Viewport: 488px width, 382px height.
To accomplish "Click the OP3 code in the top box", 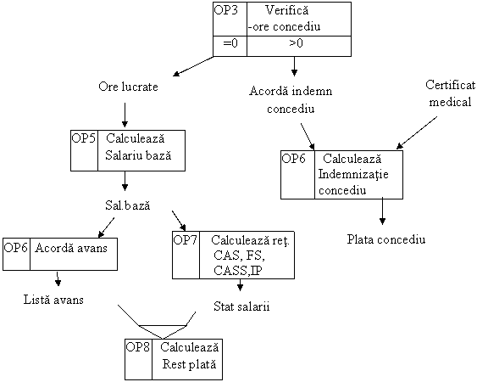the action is tap(226, 10).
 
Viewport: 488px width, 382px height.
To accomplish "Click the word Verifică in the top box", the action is tap(287, 10).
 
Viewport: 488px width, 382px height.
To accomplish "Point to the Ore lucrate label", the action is tap(128, 87).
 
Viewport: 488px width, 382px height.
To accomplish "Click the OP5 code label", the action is tap(83, 138).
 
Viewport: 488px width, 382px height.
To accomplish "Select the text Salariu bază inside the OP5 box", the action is tap(138, 155).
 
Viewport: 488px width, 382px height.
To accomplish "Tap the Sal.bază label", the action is tap(128, 205).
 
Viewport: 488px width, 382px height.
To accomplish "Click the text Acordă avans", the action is tap(71, 248).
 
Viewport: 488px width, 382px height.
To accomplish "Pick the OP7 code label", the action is tap(186, 239).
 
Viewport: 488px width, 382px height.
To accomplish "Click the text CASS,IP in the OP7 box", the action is tap(238, 270).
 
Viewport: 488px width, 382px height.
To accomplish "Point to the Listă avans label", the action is tap(53, 300).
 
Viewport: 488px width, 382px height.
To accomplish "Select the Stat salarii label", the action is tap(241, 306).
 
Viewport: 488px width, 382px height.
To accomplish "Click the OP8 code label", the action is tap(137, 346).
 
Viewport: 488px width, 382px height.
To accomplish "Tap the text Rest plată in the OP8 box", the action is tap(189, 364).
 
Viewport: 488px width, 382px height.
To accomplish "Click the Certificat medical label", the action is tap(451, 93).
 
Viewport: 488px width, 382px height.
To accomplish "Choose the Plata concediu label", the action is tap(386, 239).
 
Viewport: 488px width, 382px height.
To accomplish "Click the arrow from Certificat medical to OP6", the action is tap(417, 132).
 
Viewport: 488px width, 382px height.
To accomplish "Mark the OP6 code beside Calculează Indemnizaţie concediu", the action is tap(293, 159).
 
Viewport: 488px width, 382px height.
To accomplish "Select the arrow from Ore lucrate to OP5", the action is tap(125, 115).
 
